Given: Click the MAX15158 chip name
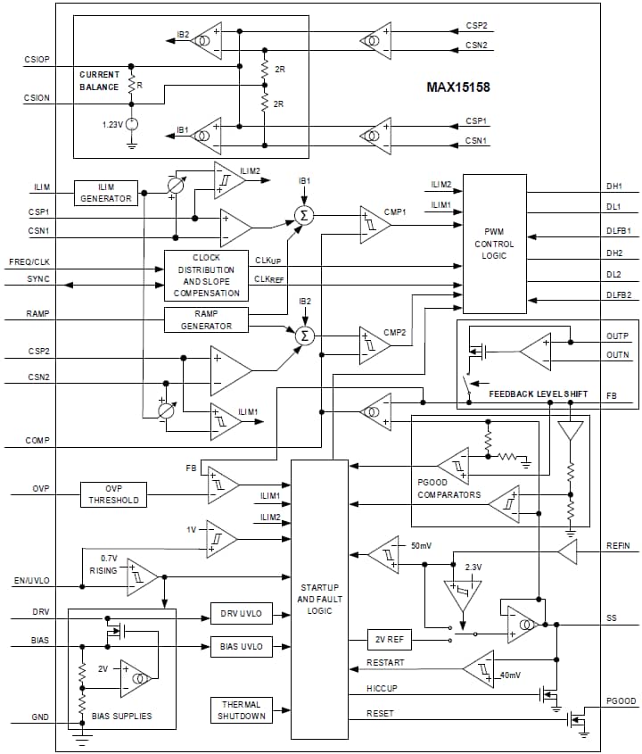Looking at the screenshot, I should point(457,87).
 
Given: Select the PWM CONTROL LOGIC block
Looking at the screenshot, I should point(494,244).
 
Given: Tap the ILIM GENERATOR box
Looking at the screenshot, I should point(106,192).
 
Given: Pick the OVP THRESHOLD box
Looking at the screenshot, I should point(113,494).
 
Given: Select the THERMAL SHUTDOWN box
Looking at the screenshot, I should point(242,710).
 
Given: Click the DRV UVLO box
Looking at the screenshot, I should point(242,614).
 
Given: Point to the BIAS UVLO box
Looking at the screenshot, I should point(242,646).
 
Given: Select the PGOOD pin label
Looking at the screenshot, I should point(621,702).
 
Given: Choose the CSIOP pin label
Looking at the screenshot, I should point(37,59).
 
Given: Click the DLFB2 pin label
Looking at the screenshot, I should point(619,294).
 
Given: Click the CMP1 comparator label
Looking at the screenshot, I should point(395,211).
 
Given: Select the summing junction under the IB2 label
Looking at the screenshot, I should point(305,336).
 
